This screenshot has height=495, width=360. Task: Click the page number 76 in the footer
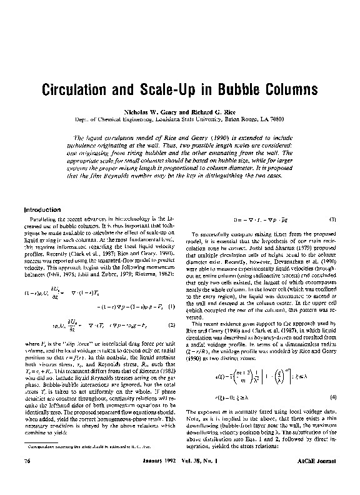coord(27,477)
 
